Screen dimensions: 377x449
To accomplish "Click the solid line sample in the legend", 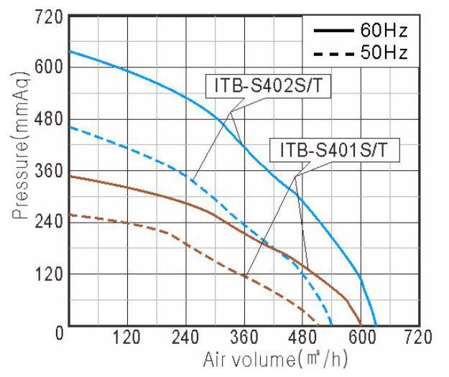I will pyautogui.click(x=332, y=31).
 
